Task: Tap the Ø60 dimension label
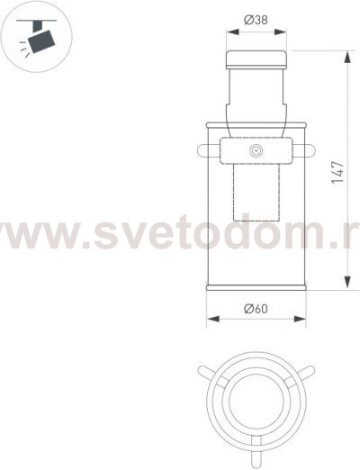coord(256,309)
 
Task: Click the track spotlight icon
coord(34,39)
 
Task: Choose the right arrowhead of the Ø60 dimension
coord(304,318)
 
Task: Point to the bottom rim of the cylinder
coord(256,288)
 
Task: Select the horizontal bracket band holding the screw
coord(256,149)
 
